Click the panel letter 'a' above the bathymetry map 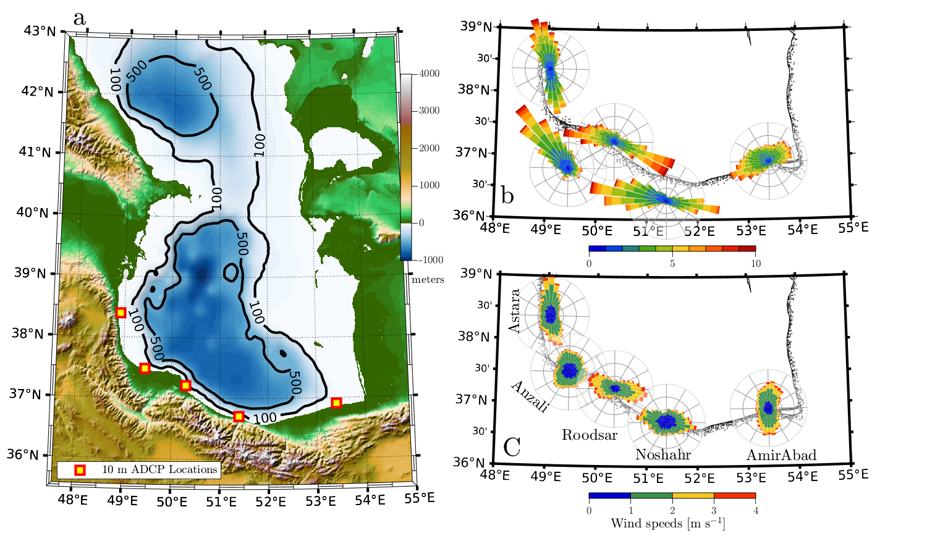[x=80, y=19]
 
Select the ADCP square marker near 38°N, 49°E [x=121, y=312]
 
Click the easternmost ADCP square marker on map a [x=336, y=403]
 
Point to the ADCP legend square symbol [x=79, y=470]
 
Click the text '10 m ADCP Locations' [x=159, y=469]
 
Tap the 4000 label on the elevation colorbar [x=430, y=73]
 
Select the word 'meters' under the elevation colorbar [x=428, y=280]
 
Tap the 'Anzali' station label [x=530, y=396]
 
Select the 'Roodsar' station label [x=589, y=435]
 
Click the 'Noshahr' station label [x=662, y=455]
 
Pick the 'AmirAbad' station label [x=781, y=455]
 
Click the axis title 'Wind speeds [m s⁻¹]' [x=667, y=524]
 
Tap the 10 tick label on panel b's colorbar [x=755, y=264]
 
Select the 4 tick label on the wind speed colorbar [x=755, y=511]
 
